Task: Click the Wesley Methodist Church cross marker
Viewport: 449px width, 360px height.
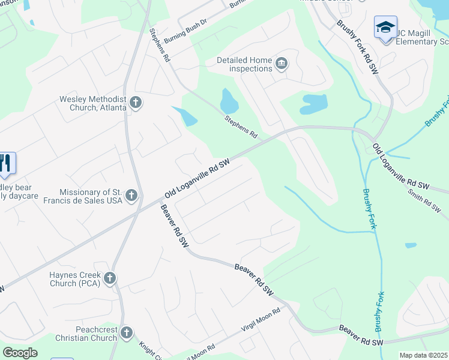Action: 135,103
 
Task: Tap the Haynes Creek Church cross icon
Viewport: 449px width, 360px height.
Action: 109,278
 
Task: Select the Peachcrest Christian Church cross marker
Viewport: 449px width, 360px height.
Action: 126,332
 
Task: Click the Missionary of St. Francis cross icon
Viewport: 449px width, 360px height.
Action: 131,195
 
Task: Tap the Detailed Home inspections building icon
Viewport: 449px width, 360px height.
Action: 281,63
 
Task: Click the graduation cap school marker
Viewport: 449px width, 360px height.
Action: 385,28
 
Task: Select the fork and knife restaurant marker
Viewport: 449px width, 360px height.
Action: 5,163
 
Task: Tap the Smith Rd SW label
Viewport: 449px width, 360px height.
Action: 424,202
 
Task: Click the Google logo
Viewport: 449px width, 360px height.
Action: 20,353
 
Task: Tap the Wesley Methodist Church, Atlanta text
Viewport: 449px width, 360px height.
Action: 92,103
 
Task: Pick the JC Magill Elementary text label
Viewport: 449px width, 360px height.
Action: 423,37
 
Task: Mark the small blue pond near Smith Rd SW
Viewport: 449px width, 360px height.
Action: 411,245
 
